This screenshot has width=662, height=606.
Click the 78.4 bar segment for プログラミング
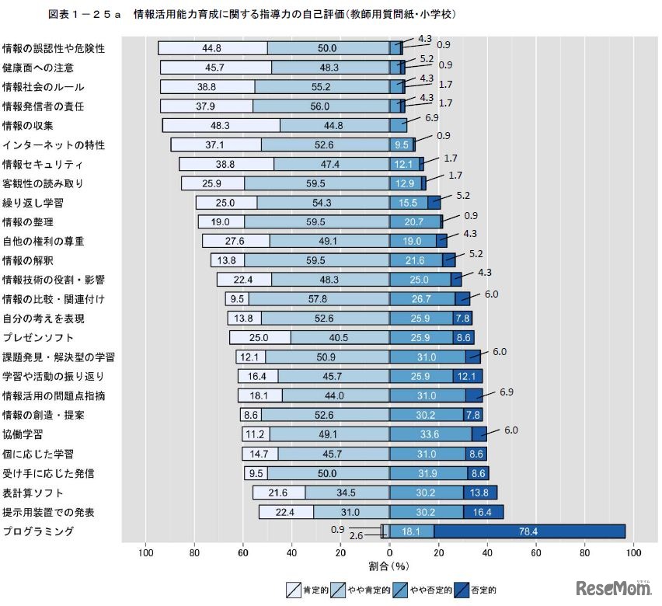point(529,531)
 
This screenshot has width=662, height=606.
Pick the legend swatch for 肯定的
point(294,590)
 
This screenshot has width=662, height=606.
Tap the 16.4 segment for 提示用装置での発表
point(483,512)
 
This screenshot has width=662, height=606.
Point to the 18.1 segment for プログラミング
point(412,531)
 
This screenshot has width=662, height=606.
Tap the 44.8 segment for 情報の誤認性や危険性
point(212,48)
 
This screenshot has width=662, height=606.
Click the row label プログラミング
point(38,531)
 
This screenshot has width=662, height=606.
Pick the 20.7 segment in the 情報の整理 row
point(415,222)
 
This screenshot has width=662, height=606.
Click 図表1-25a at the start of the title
point(85,15)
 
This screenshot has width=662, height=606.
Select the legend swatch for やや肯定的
point(340,590)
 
